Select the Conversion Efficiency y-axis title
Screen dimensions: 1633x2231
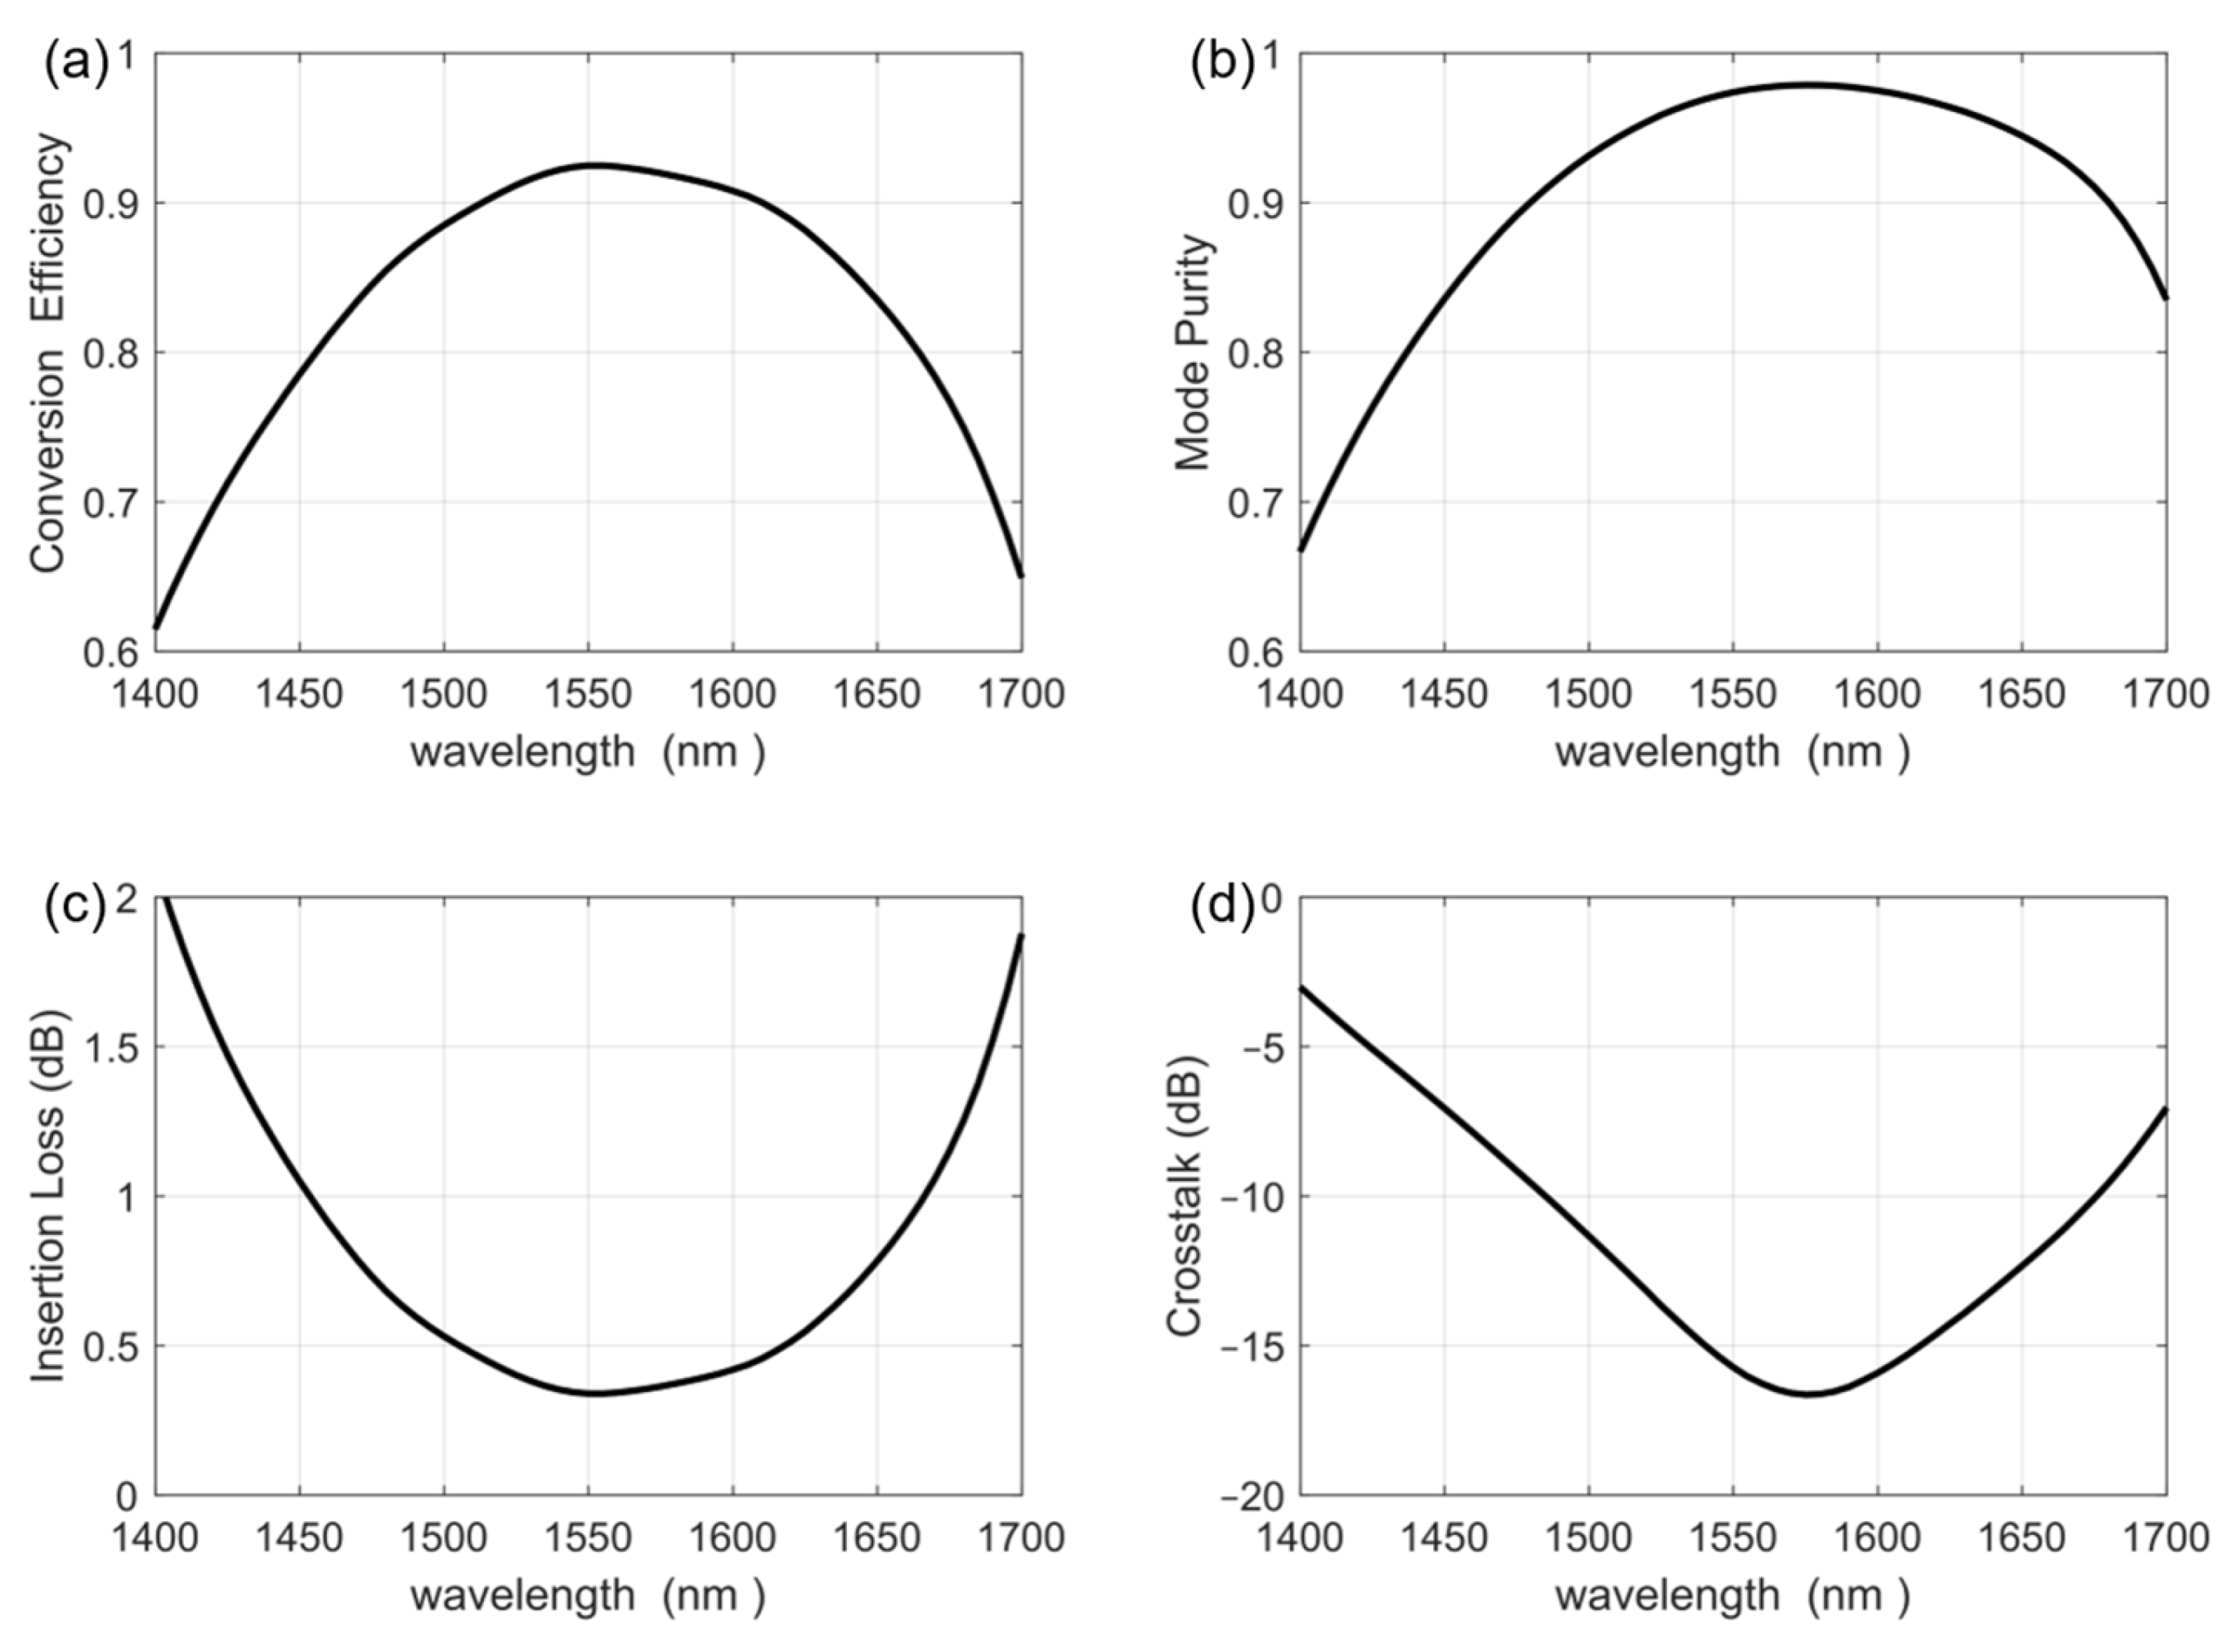click(49, 353)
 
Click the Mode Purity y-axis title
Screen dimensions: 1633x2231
click(1193, 353)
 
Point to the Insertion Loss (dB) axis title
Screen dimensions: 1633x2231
click(49, 1195)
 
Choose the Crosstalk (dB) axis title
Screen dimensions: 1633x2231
click(1185, 1195)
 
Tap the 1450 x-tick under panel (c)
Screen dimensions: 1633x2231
click(298, 1538)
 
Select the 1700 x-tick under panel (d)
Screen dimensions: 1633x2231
click(2165, 1538)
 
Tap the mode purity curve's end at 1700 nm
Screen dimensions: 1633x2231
click(2165, 298)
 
